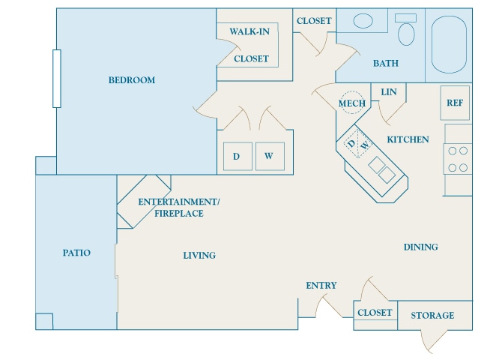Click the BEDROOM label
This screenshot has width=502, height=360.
131,80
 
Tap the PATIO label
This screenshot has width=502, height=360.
76,253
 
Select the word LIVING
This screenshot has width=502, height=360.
199,256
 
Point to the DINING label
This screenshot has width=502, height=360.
420,247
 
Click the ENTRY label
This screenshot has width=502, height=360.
321,286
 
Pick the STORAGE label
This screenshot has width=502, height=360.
432,316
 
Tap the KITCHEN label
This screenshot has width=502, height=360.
408,139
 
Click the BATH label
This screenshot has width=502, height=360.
386,64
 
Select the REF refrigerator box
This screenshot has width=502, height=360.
455,103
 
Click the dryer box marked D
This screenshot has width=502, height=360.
237,157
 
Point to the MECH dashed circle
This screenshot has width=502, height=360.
351,103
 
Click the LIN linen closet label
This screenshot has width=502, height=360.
388,92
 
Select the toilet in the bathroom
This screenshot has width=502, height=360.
407,31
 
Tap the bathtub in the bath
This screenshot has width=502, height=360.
449,45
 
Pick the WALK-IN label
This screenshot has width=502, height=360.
250,31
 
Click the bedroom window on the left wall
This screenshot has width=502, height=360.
56,78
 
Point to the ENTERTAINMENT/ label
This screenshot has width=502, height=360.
179,202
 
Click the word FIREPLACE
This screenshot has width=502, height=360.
179,214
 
